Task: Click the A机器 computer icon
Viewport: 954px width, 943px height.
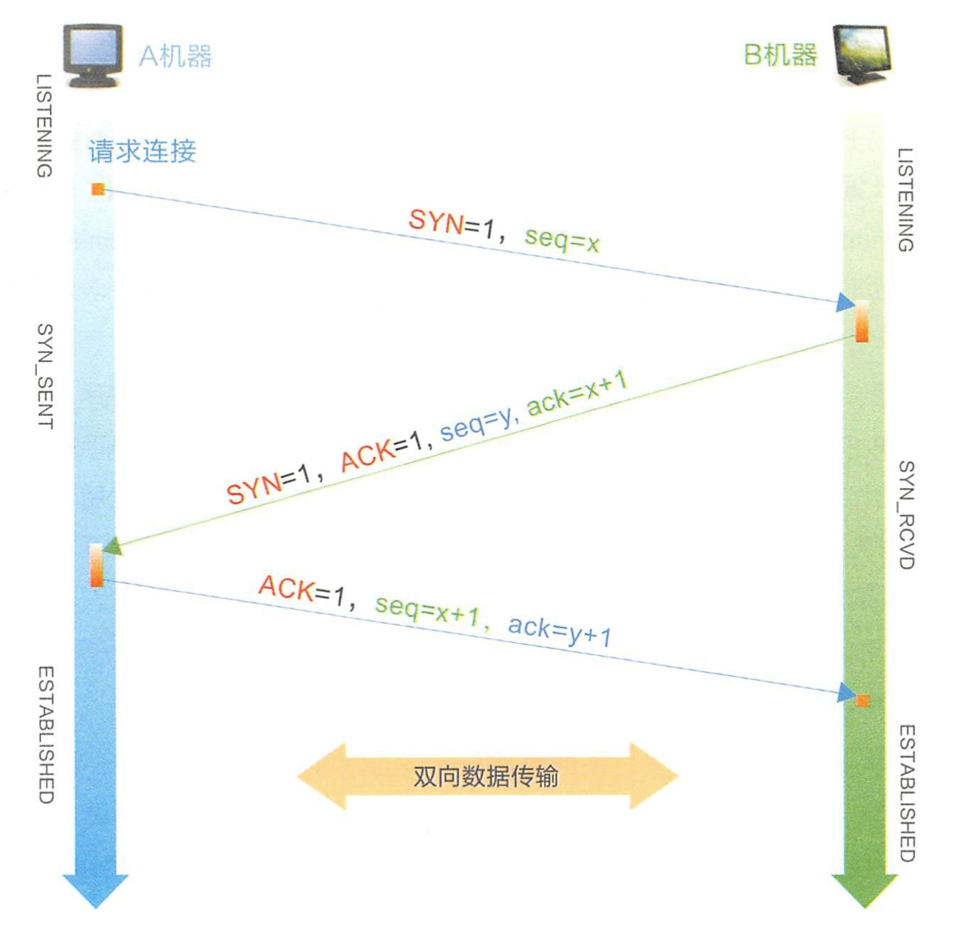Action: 92,54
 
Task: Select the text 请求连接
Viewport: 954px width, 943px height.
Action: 143,151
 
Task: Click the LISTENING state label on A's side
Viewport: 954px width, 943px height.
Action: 45,126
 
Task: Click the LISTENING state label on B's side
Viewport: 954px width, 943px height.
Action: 906,200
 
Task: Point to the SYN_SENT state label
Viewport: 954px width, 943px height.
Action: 45,376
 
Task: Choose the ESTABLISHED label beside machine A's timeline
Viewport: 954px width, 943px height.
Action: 45,735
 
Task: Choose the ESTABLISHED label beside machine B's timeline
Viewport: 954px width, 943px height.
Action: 906,793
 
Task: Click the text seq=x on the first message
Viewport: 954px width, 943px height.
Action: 562,237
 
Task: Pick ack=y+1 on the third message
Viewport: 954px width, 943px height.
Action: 560,631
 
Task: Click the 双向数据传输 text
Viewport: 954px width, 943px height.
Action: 486,776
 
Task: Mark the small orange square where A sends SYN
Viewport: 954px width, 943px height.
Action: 98,189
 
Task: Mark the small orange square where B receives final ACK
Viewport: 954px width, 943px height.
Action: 863,700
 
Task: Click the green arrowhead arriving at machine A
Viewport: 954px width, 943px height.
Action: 113,547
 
